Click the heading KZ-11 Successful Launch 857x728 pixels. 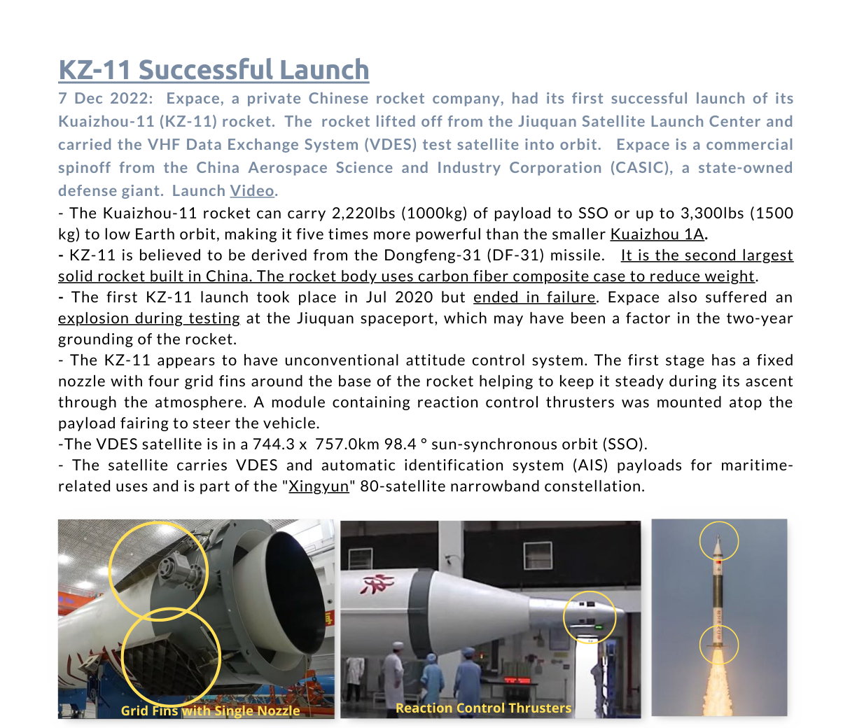214,69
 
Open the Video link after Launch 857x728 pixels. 252,190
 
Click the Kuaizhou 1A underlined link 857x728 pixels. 657,234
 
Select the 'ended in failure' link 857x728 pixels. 534,297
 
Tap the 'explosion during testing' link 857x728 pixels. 149,318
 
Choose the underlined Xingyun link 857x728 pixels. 319,486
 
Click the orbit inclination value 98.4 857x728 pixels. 400,444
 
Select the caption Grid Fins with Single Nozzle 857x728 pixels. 210,710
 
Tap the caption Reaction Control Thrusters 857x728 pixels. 483,708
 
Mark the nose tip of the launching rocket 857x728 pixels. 718,535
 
